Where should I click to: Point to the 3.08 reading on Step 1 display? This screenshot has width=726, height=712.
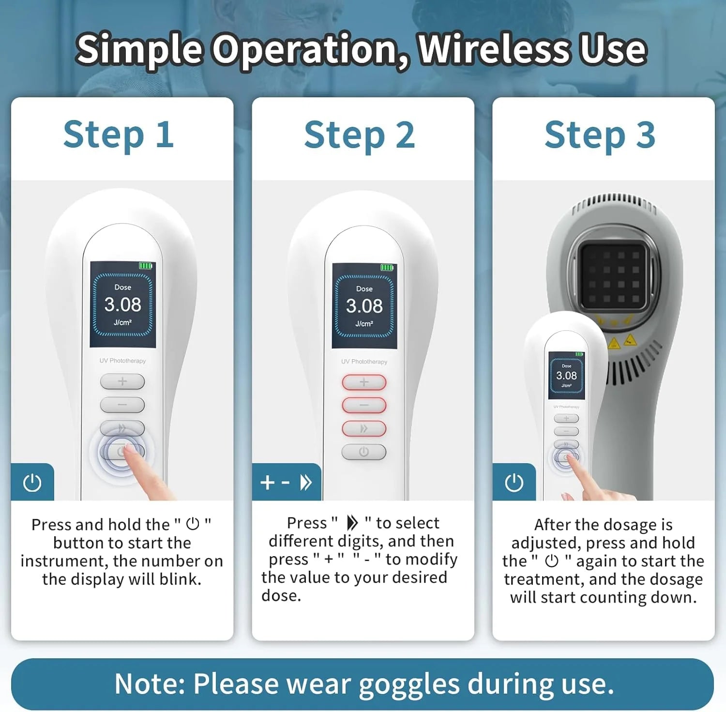(122, 304)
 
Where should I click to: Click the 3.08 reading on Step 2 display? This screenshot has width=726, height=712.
(364, 306)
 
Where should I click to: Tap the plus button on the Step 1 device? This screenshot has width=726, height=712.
(122, 381)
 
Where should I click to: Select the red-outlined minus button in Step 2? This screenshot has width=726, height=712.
(364, 405)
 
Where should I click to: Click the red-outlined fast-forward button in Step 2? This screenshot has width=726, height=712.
(364, 428)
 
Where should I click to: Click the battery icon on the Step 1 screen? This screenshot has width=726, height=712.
(146, 266)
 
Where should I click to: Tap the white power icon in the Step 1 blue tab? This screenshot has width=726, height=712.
(32, 483)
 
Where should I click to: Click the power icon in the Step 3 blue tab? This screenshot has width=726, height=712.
(514, 483)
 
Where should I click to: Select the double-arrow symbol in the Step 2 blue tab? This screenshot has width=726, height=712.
(306, 482)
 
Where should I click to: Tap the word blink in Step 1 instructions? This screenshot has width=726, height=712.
(180, 579)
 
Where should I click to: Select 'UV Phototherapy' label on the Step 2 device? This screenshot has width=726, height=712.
(364, 362)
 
